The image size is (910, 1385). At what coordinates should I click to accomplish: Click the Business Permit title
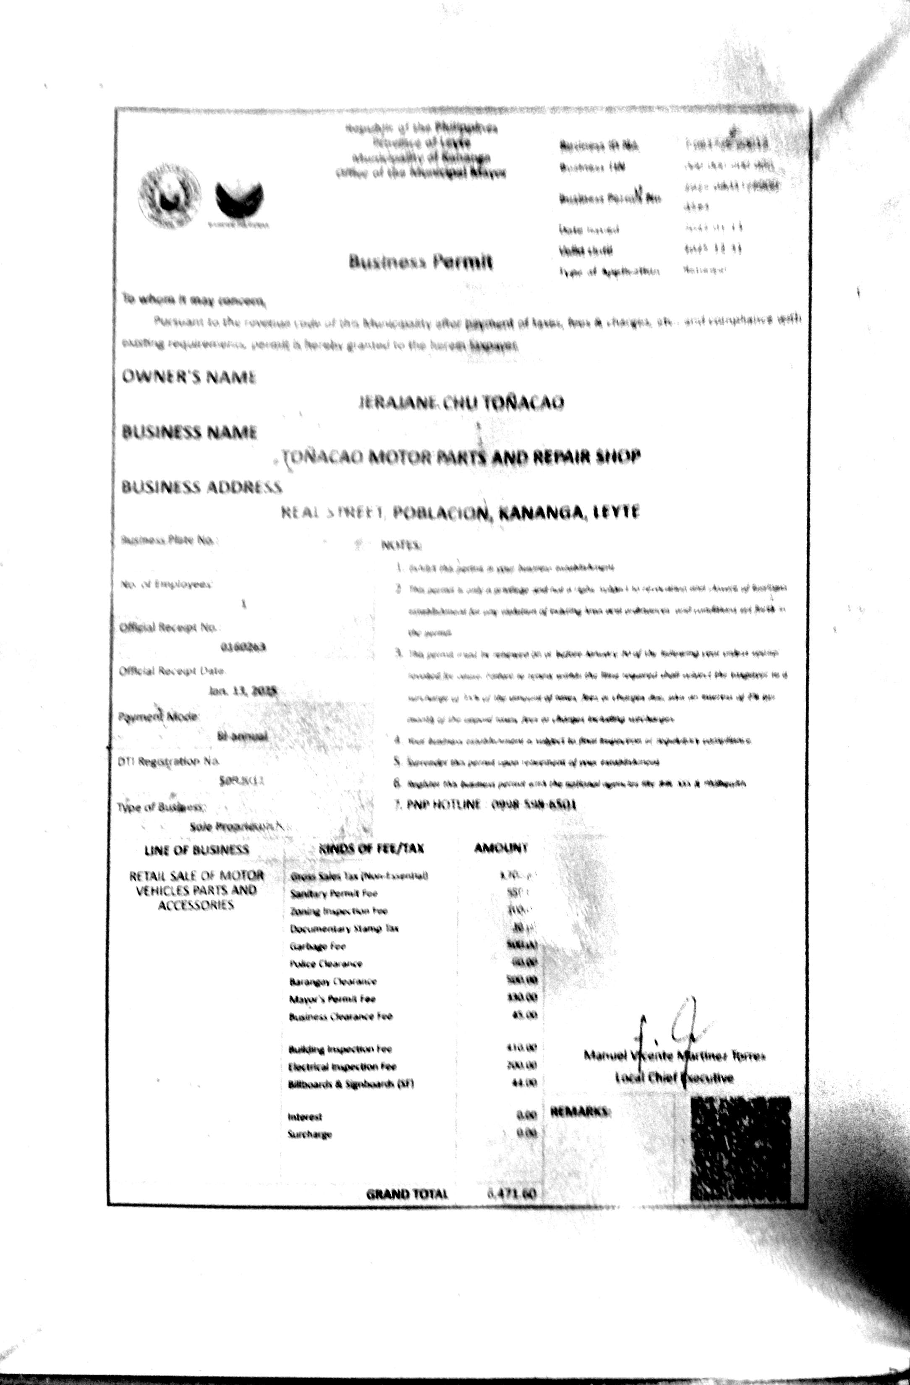click(x=421, y=262)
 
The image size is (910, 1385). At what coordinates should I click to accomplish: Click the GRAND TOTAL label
click(x=407, y=1194)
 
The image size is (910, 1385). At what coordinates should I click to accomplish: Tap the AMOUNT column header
click(x=500, y=848)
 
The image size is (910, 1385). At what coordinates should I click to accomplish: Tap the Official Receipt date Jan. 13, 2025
click(x=243, y=691)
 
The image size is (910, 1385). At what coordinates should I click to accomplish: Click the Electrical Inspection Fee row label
click(x=342, y=1067)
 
